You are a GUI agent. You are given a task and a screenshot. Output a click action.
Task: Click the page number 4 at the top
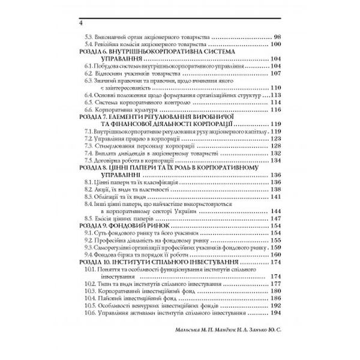click(73, 24)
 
